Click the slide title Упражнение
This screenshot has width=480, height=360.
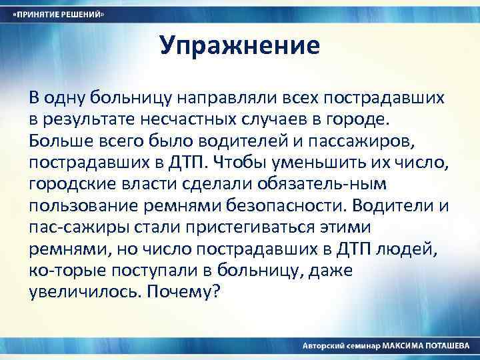click(x=240, y=46)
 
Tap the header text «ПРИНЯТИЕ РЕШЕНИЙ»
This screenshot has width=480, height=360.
click(x=60, y=14)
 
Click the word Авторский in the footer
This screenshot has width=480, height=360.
click(x=324, y=346)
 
